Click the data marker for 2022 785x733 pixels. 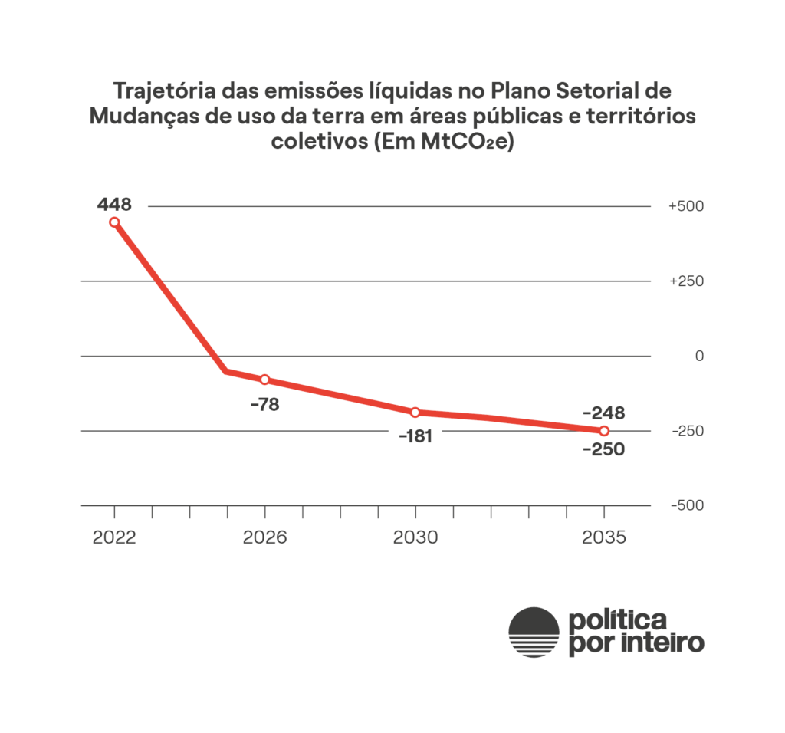click(114, 222)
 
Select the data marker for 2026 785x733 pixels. click(265, 380)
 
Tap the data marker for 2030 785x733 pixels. click(415, 413)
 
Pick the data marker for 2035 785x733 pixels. click(604, 431)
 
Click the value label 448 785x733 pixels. click(114, 205)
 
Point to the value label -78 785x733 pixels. click(265, 404)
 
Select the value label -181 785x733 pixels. click(415, 437)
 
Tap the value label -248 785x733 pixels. click(604, 413)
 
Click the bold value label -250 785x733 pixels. click(604, 449)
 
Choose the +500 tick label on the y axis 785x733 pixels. click(686, 207)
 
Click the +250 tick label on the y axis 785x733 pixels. click(686, 281)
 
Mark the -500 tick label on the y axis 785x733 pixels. click(686, 506)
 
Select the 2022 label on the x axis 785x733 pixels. click(114, 537)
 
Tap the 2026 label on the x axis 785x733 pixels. click(265, 537)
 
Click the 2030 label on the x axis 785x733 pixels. click(415, 537)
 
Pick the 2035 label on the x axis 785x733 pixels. click(604, 537)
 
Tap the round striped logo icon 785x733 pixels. click(534, 632)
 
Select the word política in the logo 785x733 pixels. click(617, 620)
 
